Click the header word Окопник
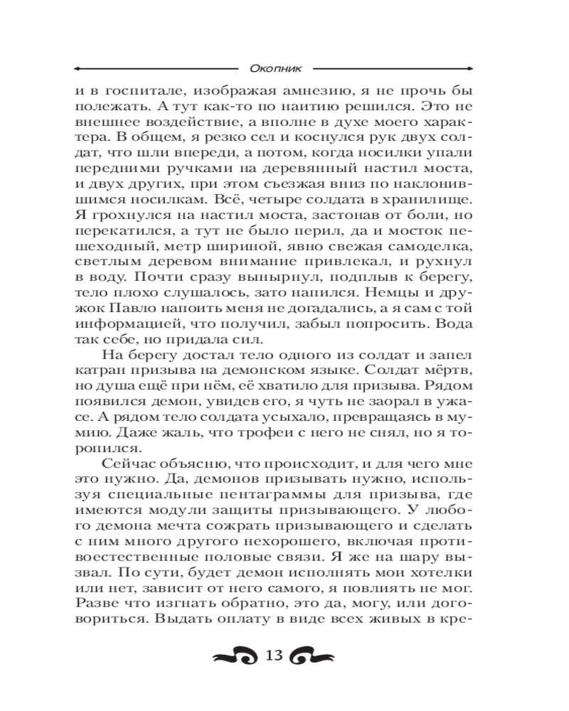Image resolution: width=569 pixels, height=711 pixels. click(277, 69)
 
